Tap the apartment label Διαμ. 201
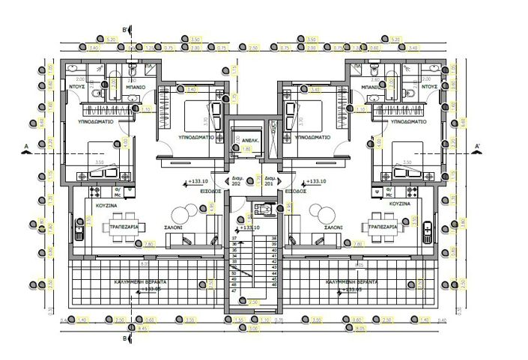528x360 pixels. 269,180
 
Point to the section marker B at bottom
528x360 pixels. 124,339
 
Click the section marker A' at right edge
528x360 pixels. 477,144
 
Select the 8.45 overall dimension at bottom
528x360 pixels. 143,328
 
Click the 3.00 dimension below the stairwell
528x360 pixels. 253,328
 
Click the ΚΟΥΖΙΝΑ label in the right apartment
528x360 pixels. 399,203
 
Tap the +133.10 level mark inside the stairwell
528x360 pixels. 250,228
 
